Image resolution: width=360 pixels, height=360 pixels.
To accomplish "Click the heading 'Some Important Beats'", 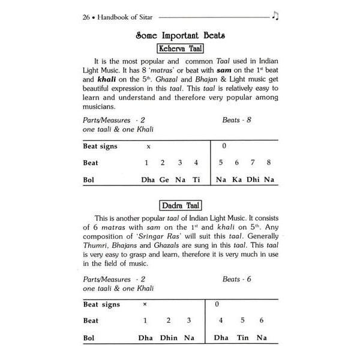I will [179, 35].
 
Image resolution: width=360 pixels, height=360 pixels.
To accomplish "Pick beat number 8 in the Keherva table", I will [268, 162].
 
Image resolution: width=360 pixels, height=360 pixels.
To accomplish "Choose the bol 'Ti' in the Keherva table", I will [196, 179].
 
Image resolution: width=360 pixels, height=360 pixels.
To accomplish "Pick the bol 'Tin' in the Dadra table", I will [242, 338].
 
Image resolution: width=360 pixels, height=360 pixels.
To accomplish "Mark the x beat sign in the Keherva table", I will [148, 146].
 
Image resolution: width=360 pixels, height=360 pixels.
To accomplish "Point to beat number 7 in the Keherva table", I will [252, 162].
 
